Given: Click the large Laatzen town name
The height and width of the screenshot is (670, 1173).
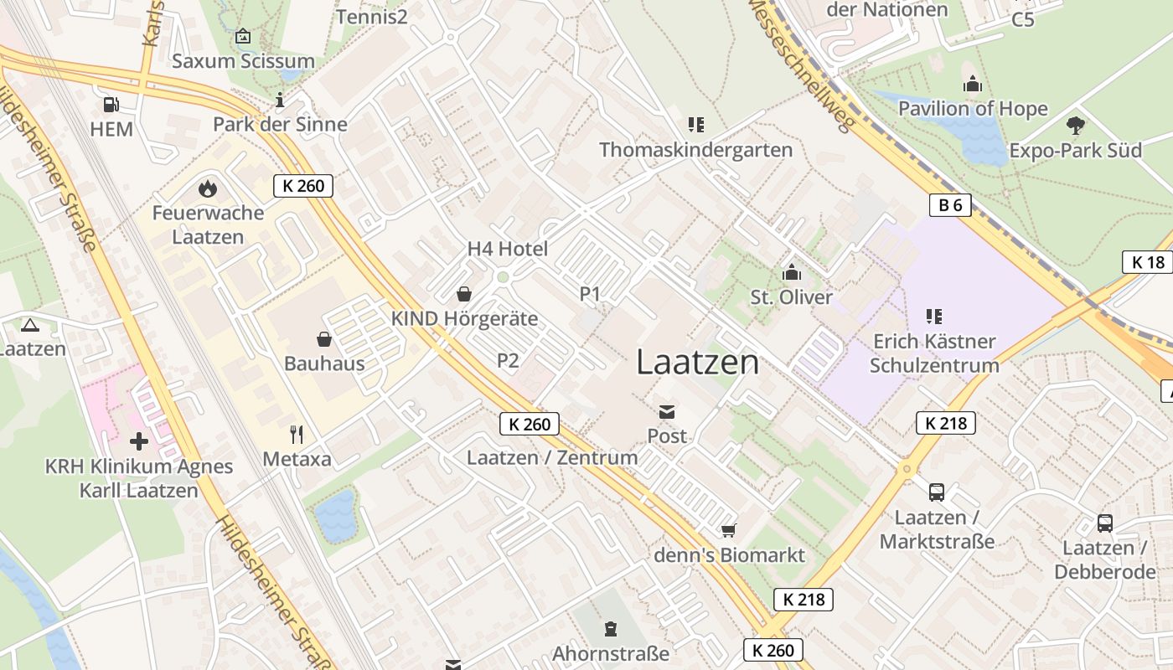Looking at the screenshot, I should [698, 362].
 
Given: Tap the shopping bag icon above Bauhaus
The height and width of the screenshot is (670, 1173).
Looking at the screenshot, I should [324, 339].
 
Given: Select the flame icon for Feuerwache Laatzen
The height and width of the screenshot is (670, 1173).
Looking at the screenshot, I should [207, 189].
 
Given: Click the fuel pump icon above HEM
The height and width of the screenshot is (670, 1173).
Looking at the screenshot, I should [111, 105].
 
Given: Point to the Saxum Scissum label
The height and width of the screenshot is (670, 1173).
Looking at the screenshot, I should [243, 61].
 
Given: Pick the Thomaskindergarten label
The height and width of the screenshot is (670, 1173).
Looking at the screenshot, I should [695, 150].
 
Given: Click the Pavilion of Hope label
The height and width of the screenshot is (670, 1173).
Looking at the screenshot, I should [973, 109].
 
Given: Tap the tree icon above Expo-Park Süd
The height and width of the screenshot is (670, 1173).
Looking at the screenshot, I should [1076, 126].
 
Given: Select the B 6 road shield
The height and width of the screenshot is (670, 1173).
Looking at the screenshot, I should [950, 205].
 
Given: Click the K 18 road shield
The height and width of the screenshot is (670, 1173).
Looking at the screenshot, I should [1148, 262].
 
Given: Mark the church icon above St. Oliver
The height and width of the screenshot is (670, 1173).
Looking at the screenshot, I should [791, 273].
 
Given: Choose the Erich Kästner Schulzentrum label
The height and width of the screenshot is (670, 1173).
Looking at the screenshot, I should [934, 353].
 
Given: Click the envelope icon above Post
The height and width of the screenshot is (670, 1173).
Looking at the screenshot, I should [667, 411].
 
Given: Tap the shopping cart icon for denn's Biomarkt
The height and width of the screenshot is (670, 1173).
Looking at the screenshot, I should [729, 531].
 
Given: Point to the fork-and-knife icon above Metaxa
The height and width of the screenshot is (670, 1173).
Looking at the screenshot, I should [296, 434].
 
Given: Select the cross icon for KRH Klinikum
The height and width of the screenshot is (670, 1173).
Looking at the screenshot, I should [139, 441].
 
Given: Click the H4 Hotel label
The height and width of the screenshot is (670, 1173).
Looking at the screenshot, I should [508, 249].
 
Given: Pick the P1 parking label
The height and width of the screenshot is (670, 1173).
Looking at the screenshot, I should [591, 294].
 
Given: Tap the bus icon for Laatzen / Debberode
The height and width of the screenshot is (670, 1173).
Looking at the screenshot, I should [1105, 523].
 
